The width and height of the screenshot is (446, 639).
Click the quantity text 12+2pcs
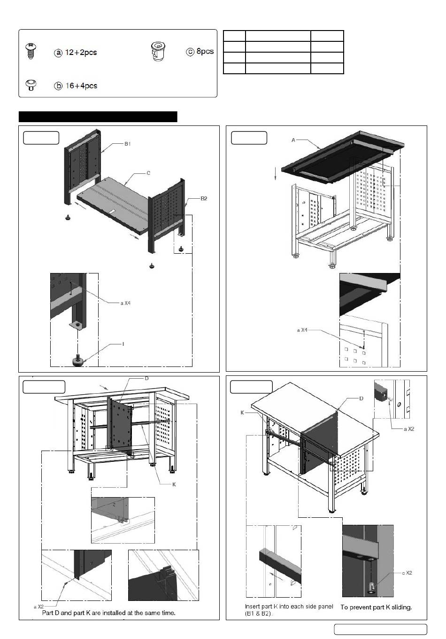point(80,53)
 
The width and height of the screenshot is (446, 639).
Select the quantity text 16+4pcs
point(80,86)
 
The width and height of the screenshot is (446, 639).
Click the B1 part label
point(127,144)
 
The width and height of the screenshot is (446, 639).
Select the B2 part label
point(204,199)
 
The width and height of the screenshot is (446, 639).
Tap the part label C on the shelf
point(148,173)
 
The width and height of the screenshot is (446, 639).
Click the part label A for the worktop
point(293,140)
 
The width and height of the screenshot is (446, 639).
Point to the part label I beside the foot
point(123,344)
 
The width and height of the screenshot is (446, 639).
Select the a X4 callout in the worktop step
point(302,330)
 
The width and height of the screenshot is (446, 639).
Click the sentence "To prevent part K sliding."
point(376,607)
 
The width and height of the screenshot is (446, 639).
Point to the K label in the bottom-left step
point(174,484)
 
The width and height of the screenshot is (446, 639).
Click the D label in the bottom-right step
point(361,398)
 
